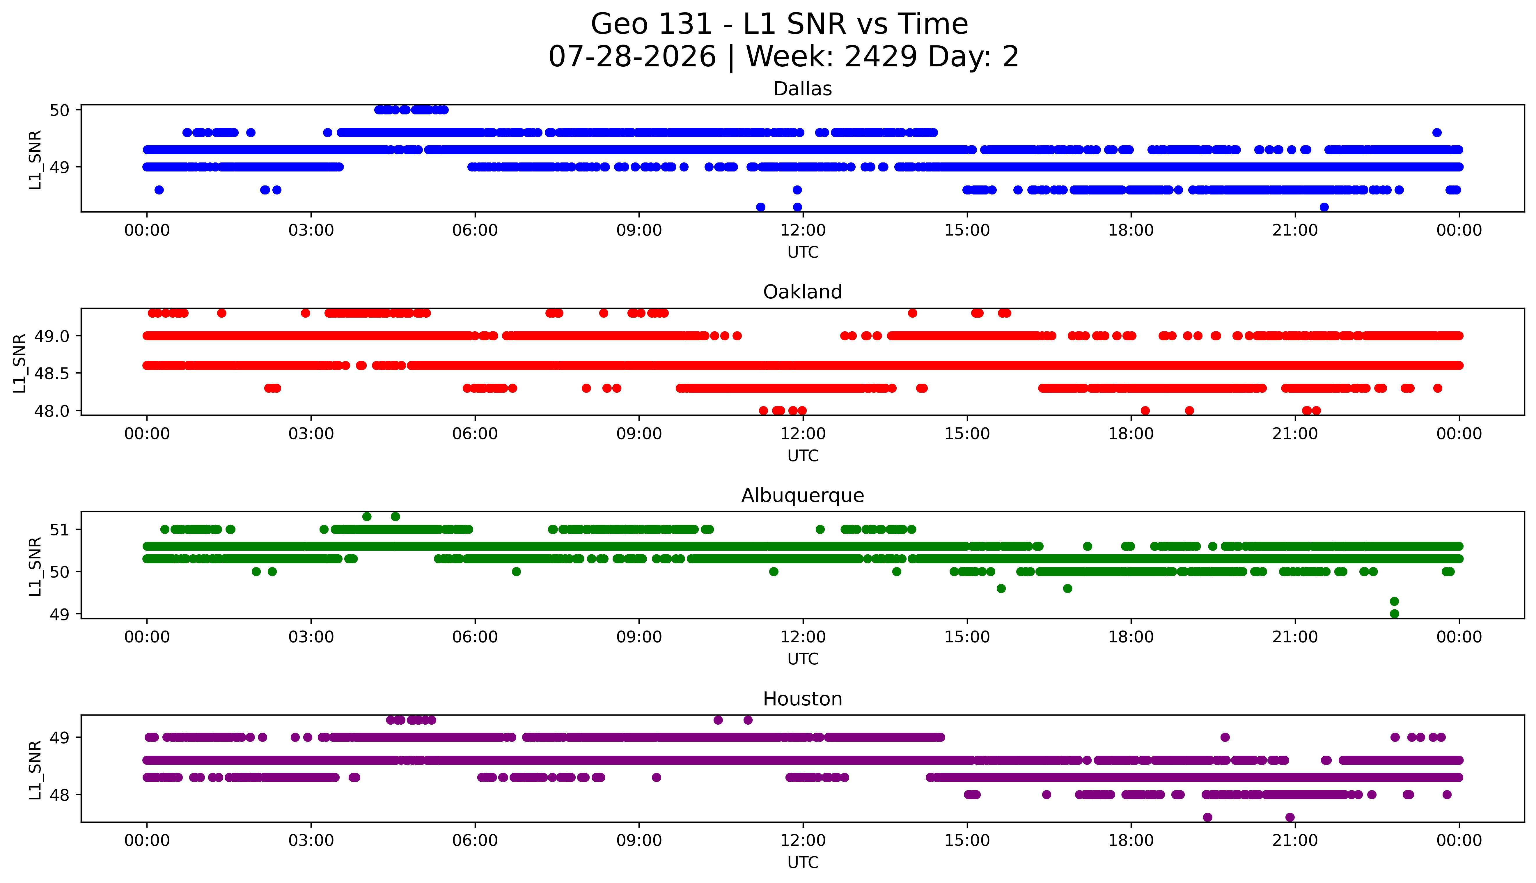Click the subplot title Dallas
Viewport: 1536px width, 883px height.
pos(803,89)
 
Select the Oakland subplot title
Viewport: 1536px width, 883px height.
pos(803,292)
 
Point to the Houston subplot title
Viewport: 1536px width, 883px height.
pos(803,699)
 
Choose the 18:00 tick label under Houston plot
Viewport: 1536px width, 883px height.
pos(1131,840)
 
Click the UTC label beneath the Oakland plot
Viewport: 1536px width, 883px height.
pos(803,455)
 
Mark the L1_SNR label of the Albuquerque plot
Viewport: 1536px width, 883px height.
pos(35,567)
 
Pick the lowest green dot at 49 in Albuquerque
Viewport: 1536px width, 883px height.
pos(1394,614)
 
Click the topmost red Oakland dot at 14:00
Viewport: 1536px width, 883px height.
pos(912,313)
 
